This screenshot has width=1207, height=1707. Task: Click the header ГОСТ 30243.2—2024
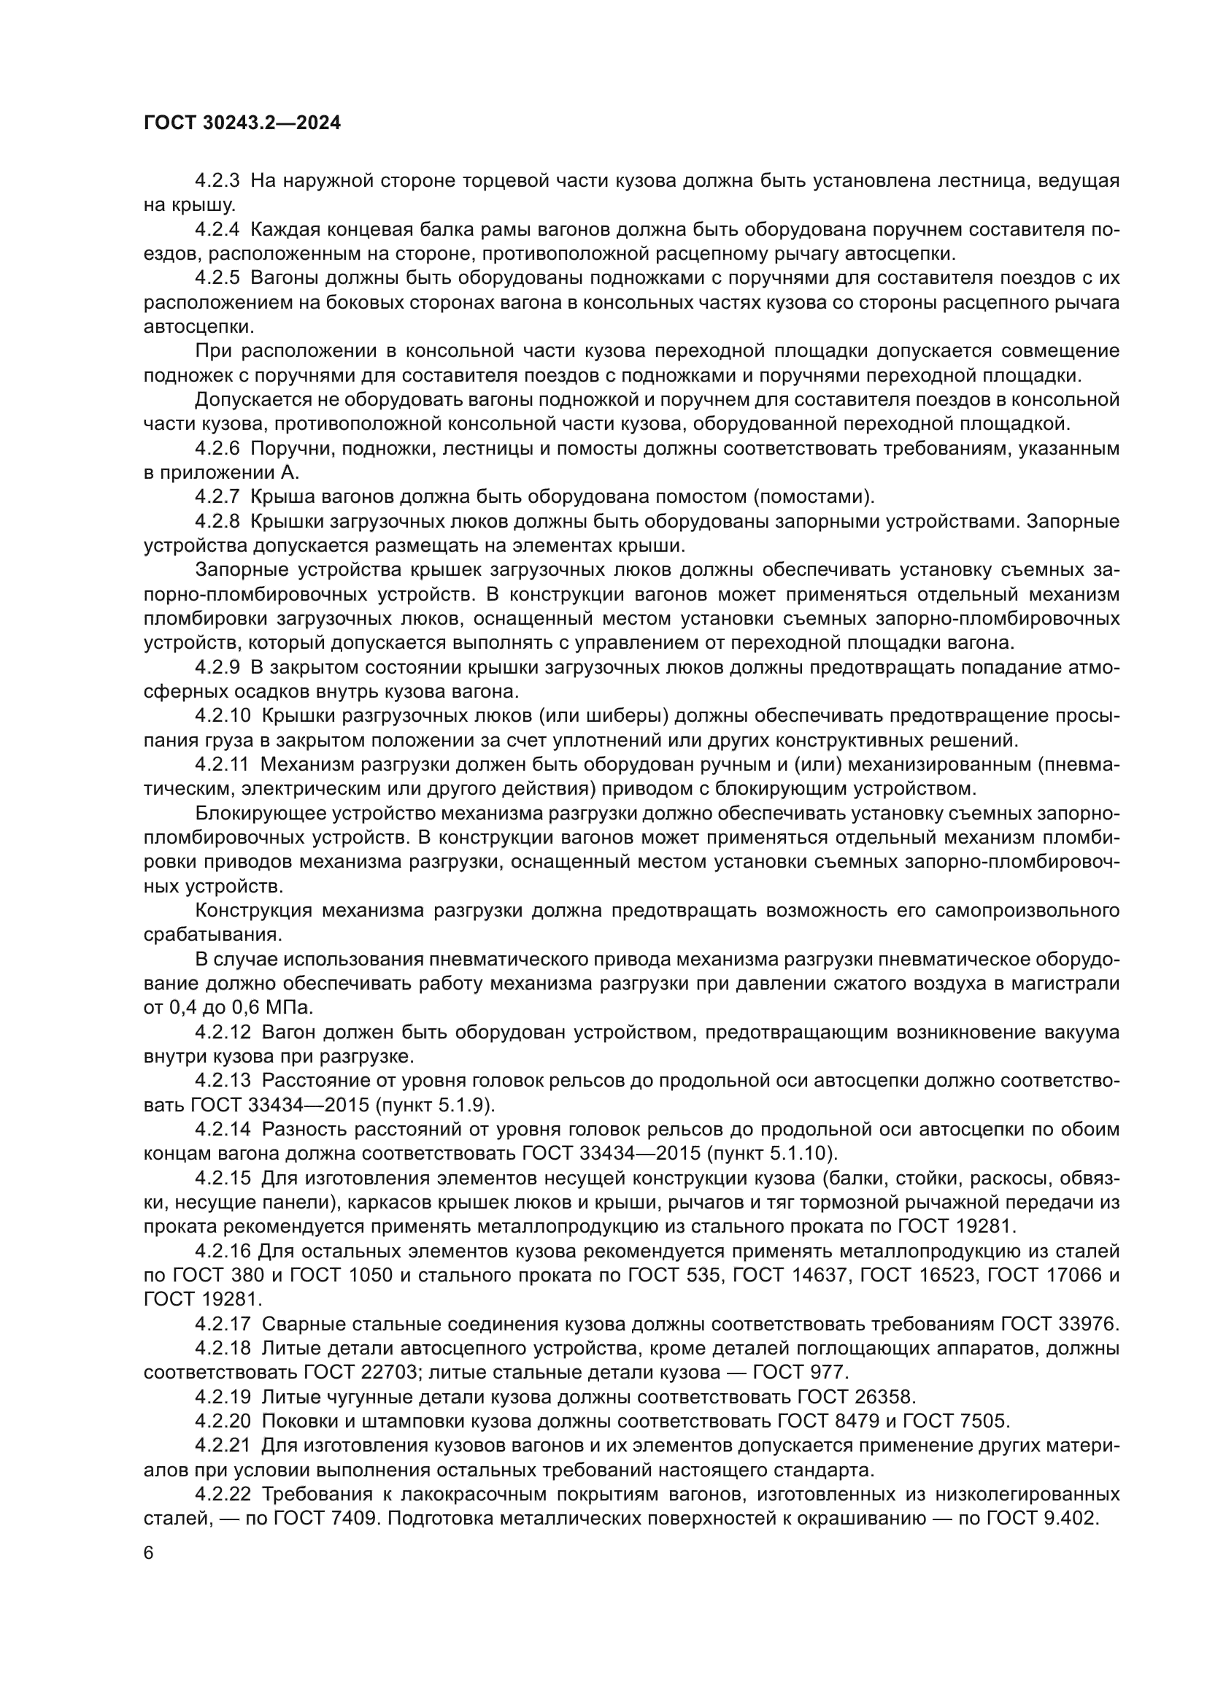(x=242, y=123)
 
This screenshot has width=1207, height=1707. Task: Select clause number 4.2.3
(x=217, y=181)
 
